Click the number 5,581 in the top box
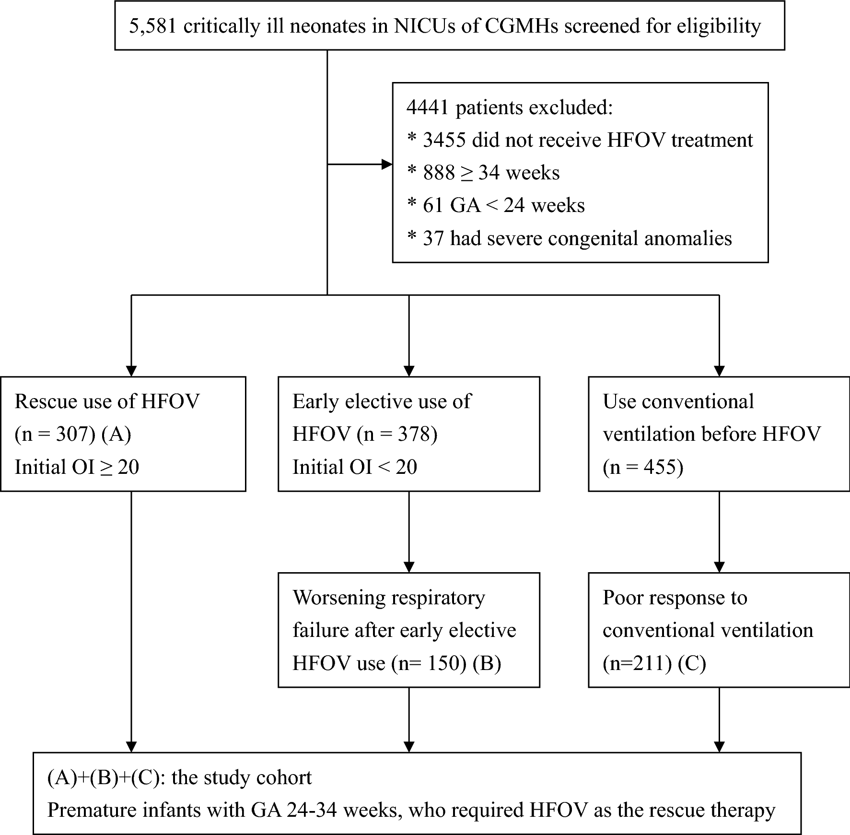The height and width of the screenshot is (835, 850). (x=153, y=26)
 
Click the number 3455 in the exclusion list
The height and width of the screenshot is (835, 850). (x=444, y=140)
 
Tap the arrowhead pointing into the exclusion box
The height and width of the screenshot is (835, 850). (x=387, y=165)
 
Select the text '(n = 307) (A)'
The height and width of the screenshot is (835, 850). (x=73, y=434)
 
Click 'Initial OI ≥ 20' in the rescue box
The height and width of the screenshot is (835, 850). (x=77, y=467)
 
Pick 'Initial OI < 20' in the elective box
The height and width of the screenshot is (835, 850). (x=355, y=467)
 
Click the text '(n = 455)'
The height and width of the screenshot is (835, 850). (x=643, y=467)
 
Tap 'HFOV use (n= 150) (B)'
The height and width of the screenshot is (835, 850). (x=396, y=663)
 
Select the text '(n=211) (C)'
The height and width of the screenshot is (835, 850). (x=654, y=663)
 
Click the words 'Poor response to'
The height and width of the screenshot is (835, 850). (x=675, y=598)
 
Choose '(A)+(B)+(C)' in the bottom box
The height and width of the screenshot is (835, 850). (x=103, y=777)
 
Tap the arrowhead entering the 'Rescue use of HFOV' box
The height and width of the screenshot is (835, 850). (x=131, y=371)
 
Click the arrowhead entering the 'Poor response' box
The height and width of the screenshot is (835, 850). (x=719, y=567)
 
